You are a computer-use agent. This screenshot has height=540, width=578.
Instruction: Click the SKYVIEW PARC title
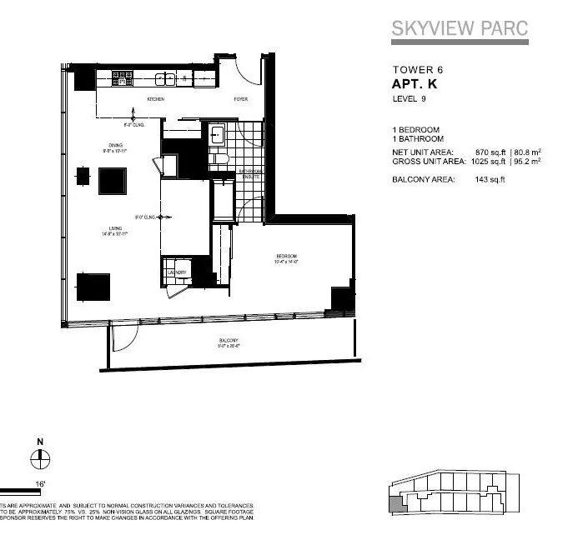pyautogui.click(x=460, y=28)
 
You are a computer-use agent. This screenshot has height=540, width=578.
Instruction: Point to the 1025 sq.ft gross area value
pyautogui.click(x=488, y=162)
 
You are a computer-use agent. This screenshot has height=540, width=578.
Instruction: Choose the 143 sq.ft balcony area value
pyautogui.click(x=490, y=179)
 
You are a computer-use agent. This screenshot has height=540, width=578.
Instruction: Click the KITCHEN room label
pyautogui.click(x=156, y=99)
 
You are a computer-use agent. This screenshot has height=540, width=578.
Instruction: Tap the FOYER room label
pyautogui.click(x=240, y=99)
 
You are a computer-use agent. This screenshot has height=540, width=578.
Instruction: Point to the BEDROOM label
pyautogui.click(x=287, y=255)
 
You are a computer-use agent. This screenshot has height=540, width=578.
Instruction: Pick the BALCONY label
pyautogui.click(x=229, y=340)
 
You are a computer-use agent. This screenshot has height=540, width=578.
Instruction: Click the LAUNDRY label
pyautogui.click(x=177, y=272)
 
